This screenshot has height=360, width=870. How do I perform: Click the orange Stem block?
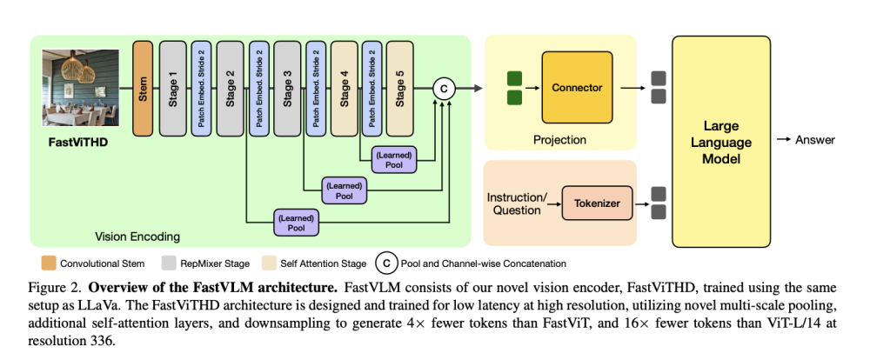(x=143, y=88)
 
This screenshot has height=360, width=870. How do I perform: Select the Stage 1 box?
(x=172, y=88)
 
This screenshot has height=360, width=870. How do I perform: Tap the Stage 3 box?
(x=287, y=88)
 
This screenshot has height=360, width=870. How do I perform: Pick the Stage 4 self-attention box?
(x=344, y=88)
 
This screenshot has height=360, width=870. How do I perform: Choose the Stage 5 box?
(x=400, y=88)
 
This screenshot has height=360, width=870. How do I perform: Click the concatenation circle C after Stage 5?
(x=444, y=89)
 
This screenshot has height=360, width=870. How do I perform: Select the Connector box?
(x=577, y=87)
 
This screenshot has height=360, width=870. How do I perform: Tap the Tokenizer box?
(x=597, y=203)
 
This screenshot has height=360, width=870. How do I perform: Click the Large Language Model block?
(x=721, y=142)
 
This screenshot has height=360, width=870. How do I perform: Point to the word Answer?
(x=815, y=140)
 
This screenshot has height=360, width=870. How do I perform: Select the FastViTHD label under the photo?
(x=77, y=143)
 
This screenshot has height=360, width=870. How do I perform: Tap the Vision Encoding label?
(x=137, y=237)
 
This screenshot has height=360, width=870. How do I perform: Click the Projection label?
(x=559, y=140)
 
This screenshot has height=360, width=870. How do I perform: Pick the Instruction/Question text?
(x=514, y=203)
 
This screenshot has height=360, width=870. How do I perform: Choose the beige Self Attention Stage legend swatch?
(x=269, y=263)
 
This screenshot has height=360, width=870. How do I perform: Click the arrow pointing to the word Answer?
(x=784, y=140)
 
